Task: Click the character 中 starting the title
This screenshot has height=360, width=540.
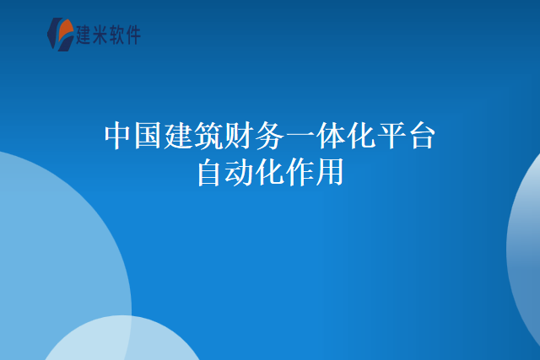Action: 118,136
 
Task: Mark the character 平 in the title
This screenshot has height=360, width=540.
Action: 391,136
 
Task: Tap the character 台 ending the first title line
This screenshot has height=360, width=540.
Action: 422,136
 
